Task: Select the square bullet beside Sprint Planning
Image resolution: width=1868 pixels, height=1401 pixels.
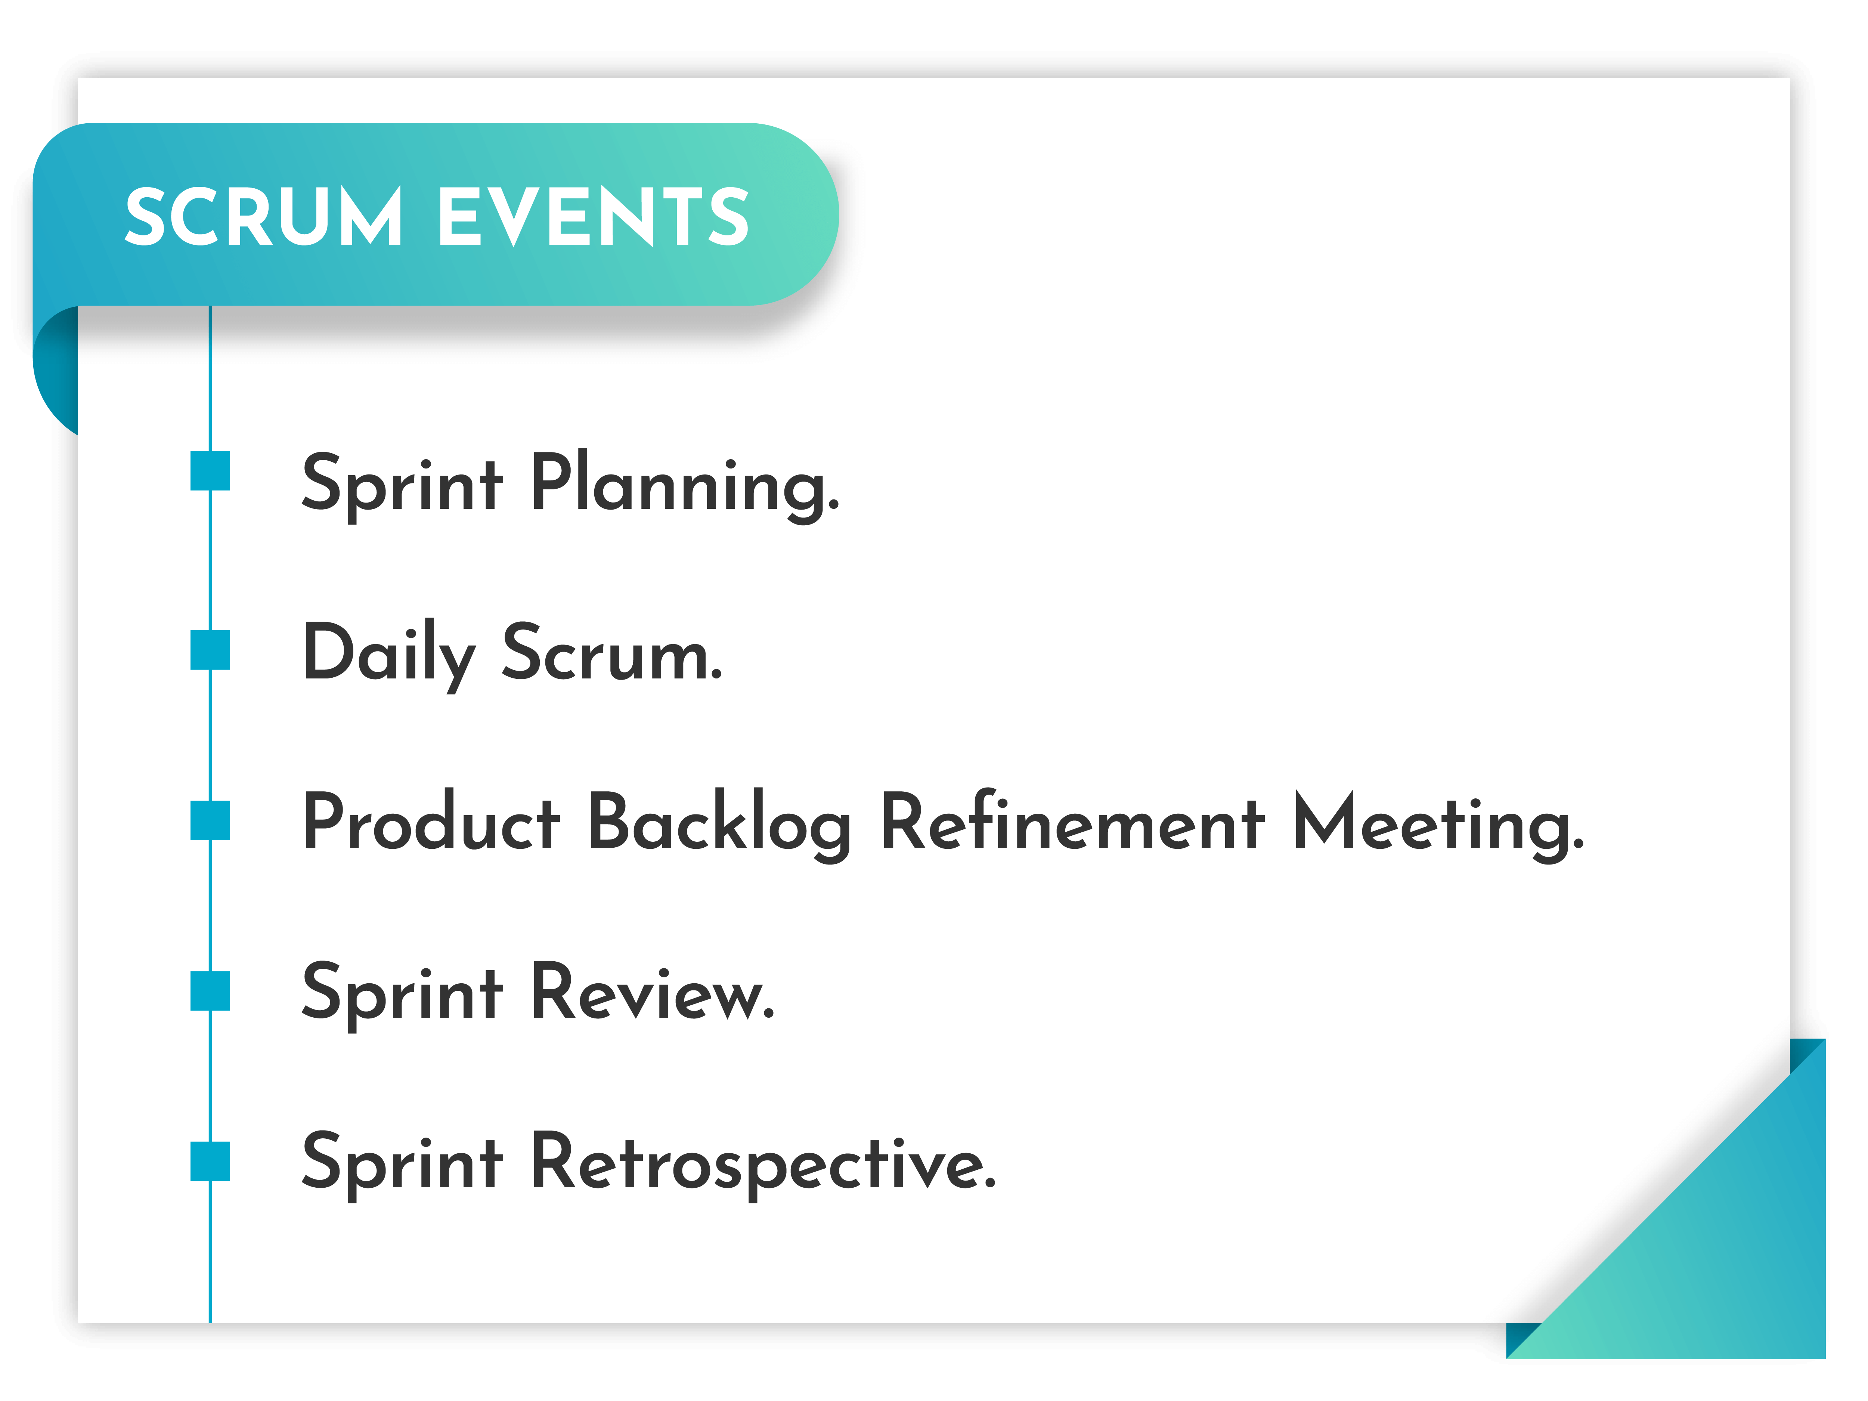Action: coord(210,470)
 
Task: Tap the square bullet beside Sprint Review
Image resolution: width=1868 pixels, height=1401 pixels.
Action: coord(210,990)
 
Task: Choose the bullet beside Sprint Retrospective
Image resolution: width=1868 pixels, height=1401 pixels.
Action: coord(210,1161)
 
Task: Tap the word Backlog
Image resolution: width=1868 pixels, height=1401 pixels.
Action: coord(719,826)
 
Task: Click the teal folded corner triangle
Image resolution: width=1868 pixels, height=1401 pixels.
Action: coord(1723,1250)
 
